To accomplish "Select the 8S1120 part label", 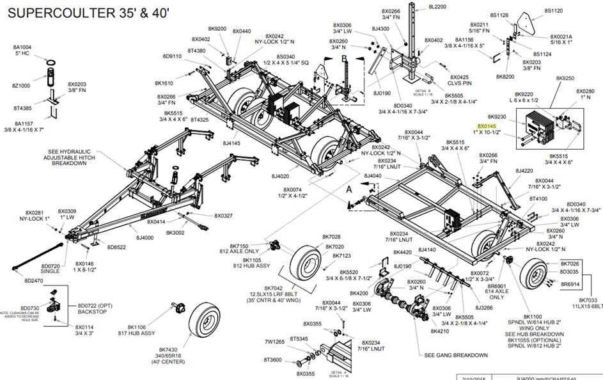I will [x=553, y=11].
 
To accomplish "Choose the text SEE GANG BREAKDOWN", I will [x=455, y=355].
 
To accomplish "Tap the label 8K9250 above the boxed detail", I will [x=565, y=78].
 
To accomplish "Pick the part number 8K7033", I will [x=591, y=300].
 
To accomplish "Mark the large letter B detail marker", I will [x=343, y=58].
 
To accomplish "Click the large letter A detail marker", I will [x=348, y=189].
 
